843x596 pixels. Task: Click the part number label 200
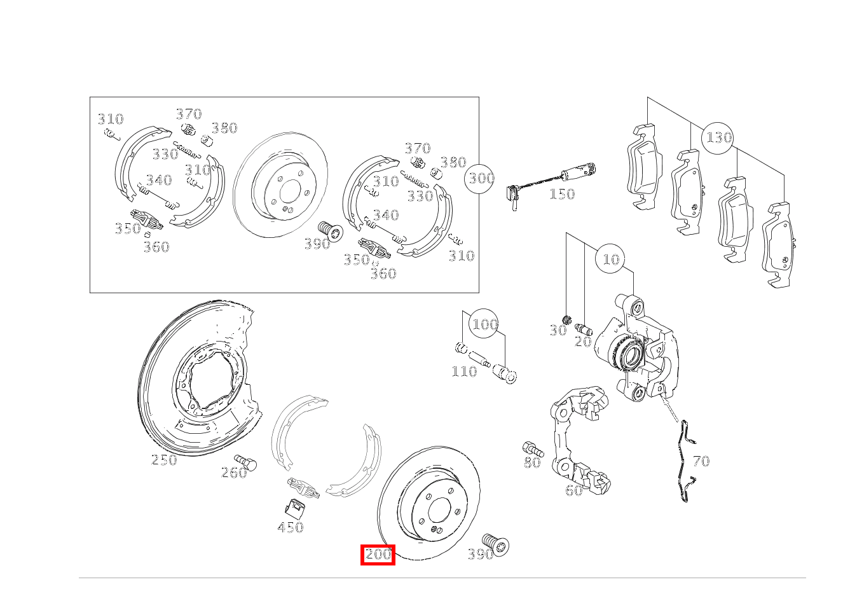pos(378,555)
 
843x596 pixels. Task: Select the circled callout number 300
pos(481,178)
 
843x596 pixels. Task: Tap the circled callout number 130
pos(718,137)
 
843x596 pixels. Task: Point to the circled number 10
pos(610,260)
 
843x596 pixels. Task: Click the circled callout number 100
pos(484,324)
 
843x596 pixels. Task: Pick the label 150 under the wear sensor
pos(561,194)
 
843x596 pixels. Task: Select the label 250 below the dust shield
pos(164,460)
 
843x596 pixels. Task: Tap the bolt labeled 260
pos(245,461)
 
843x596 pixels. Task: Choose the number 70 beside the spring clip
pos(701,461)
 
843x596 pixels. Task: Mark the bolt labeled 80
pos(531,448)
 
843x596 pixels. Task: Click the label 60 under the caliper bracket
pos(573,490)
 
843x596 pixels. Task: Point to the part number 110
pos(463,371)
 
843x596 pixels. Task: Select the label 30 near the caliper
pos(558,331)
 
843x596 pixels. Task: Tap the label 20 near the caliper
pos(583,342)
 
